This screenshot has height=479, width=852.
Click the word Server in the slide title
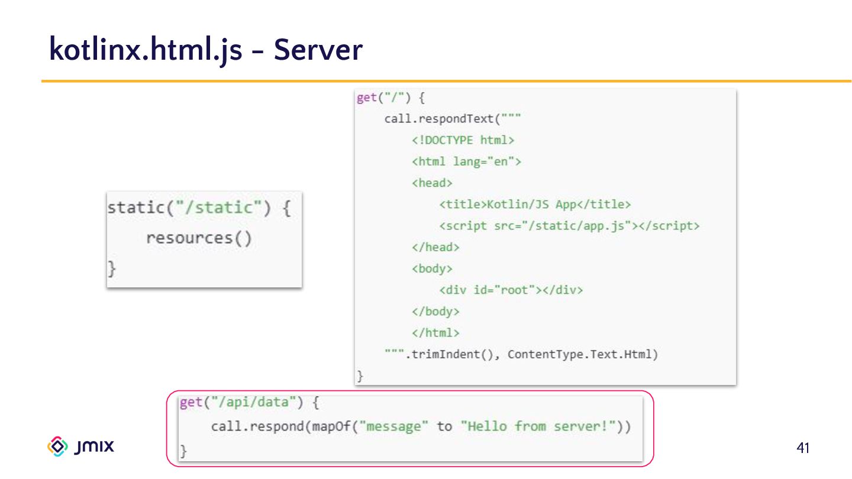point(318,50)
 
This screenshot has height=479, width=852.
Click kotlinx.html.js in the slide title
point(146,50)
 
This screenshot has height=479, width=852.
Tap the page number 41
point(803,448)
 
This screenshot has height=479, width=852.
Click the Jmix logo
point(80,446)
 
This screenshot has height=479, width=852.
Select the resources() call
point(199,238)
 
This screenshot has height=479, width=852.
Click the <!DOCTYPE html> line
point(463,140)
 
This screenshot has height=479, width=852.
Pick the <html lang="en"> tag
point(466,161)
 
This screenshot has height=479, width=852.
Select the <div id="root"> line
point(511,290)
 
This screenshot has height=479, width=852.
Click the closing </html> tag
point(435,333)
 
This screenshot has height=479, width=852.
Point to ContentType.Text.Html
point(582,354)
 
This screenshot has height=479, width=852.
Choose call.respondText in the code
point(438,119)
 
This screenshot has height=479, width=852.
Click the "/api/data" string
point(256,403)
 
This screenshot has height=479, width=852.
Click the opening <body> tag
point(432,268)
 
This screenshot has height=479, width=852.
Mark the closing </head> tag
point(435,247)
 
